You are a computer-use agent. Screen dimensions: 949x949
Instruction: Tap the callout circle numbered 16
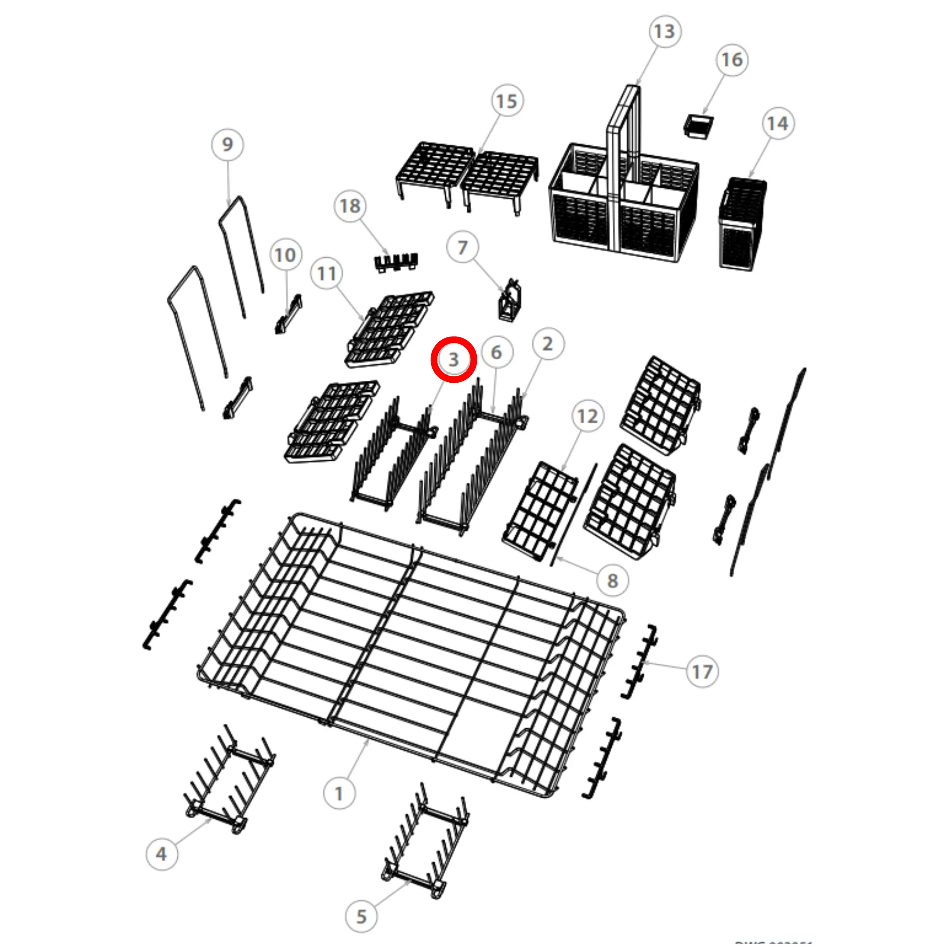tap(731, 60)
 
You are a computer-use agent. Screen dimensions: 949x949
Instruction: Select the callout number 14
tap(778, 123)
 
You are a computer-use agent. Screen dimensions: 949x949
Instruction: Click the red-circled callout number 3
tap(453, 359)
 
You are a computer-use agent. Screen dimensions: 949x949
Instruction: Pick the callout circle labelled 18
tap(350, 206)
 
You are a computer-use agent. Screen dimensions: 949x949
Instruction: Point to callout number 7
tap(462, 247)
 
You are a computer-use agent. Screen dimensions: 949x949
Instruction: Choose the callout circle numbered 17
tap(702, 672)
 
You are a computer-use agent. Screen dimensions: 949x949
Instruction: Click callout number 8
tap(612, 581)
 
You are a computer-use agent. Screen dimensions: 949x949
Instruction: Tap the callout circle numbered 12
tap(588, 416)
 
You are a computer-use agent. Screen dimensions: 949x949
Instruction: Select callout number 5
tap(361, 916)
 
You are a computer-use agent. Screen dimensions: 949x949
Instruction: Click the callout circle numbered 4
tap(161, 854)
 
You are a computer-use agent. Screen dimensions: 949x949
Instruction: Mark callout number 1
tap(339, 793)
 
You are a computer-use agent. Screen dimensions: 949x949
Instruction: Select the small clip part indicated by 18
tap(396, 261)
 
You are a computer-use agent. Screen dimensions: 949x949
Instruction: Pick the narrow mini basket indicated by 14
tap(742, 223)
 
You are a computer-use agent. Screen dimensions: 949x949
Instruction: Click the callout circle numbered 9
tap(227, 144)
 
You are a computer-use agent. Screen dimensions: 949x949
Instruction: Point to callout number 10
tap(285, 255)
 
